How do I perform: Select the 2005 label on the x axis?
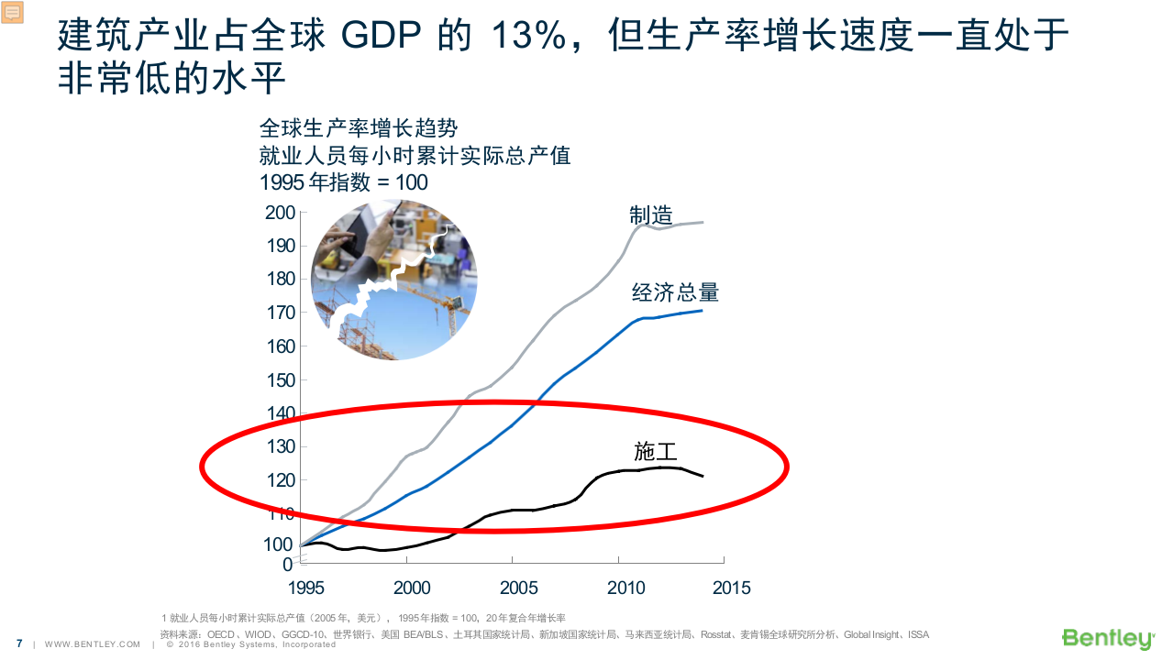[518, 588]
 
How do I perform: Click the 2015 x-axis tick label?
[731, 588]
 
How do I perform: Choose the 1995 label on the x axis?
[306, 588]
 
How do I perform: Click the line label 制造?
[651, 215]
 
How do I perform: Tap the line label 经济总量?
[675, 293]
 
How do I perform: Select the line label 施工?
[655, 451]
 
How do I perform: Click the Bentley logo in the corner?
[1107, 638]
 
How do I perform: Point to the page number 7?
[19, 643]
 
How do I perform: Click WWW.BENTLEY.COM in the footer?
[93, 644]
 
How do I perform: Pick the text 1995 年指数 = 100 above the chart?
[344, 182]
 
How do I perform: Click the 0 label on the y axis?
[288, 564]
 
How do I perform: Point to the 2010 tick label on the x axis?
[625, 588]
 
